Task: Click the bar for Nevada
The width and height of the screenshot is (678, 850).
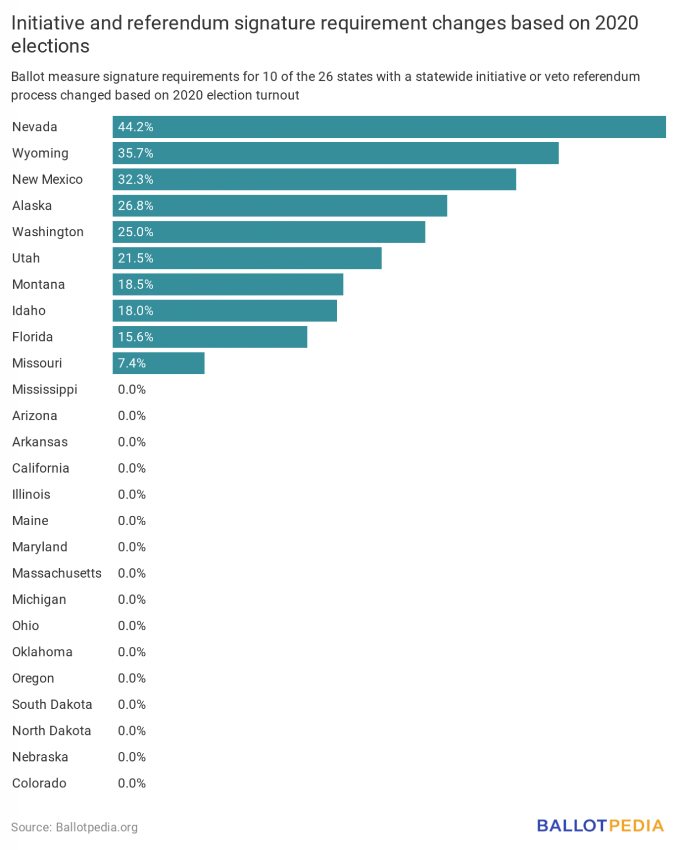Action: [x=389, y=127]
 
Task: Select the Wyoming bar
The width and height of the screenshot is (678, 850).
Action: [x=335, y=153]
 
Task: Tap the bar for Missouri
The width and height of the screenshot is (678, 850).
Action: [x=158, y=363]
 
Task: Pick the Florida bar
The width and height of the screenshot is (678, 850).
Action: [x=210, y=337]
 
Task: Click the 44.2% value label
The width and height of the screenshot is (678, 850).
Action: [x=135, y=127]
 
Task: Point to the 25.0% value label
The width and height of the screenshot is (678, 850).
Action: [x=135, y=232]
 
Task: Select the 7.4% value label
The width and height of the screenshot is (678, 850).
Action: [x=132, y=363]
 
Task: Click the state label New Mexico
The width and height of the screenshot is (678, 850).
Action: [x=48, y=179]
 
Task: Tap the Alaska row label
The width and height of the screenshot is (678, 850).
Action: [x=32, y=206]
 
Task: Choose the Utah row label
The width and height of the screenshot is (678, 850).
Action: [x=26, y=258]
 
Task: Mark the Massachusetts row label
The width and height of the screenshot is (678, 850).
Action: [x=57, y=573]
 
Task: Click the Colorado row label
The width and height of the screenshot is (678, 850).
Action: [x=39, y=784]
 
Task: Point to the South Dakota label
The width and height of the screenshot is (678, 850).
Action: [x=52, y=704]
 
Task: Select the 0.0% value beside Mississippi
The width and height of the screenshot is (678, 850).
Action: [x=132, y=390]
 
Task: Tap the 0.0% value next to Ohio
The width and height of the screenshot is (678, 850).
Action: [x=132, y=626]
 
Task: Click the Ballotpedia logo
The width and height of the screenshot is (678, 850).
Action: [x=600, y=826]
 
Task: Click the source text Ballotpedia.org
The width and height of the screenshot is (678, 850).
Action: [x=97, y=827]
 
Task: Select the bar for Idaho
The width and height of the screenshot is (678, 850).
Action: [x=225, y=311]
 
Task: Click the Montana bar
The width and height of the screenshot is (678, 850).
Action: [x=228, y=284]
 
